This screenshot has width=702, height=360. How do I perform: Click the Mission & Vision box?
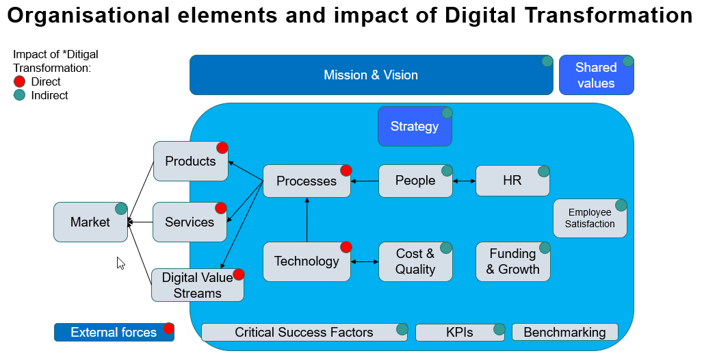tap(371, 75)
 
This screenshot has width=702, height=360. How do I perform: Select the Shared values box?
tap(597, 75)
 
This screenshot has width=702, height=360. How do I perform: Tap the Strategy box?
tap(415, 126)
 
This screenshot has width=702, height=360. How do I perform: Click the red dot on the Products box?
tap(222, 148)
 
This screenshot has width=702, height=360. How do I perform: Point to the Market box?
tap(90, 222)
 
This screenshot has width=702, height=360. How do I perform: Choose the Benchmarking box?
tap(564, 332)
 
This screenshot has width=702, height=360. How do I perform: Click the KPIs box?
tap(460, 332)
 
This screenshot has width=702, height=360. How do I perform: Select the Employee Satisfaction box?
tap(590, 218)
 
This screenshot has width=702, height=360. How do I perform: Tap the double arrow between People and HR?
tap(465, 181)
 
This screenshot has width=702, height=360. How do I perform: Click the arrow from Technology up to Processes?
tap(307, 220)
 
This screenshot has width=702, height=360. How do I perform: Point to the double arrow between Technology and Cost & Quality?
tap(365, 261)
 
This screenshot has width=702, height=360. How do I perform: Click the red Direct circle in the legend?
tap(19, 81)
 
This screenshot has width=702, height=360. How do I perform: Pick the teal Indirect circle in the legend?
tap(19, 95)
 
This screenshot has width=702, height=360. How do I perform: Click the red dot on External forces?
tap(169, 329)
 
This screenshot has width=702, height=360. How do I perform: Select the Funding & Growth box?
tap(513, 261)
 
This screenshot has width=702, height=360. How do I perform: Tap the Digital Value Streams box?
tap(198, 285)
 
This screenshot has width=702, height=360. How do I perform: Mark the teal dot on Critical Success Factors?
tap(402, 329)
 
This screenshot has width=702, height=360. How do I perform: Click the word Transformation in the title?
tap(608, 15)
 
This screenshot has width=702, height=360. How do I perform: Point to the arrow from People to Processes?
tap(365, 181)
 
